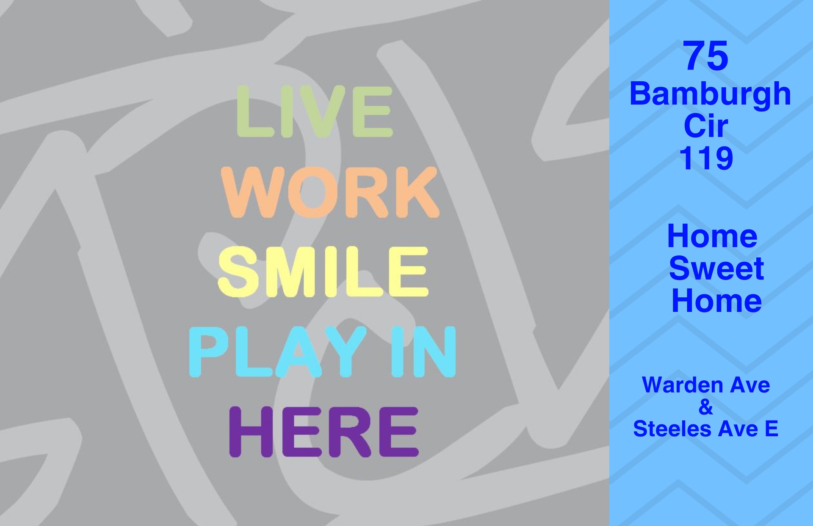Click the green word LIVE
coord(315,111)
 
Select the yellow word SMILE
coord(323,271)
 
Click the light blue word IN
coord(423,352)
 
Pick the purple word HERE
coord(324,432)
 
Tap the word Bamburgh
coord(710,94)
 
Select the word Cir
coord(706,126)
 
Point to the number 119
coord(706,158)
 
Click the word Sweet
coord(716,269)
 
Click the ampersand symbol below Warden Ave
coord(706,407)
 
